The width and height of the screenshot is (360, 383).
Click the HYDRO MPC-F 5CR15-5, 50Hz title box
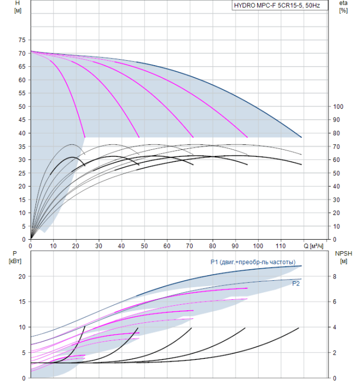pyautogui.click(x=280, y=5)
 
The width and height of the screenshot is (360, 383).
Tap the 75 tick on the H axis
pyautogui.click(x=22, y=40)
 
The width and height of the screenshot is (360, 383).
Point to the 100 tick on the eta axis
pyautogui.click(x=338, y=107)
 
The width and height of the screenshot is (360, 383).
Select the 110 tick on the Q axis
pyautogui.click(x=281, y=246)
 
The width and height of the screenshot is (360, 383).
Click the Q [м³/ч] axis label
pyautogui.click(x=313, y=246)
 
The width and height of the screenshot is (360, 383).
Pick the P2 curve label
pyautogui.click(x=296, y=283)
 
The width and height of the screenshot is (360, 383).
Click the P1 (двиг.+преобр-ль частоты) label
pyautogui.click(x=253, y=262)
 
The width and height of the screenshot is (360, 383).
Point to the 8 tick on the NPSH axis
pyautogui.click(x=335, y=276)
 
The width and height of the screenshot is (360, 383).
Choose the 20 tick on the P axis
pyautogui.click(x=22, y=276)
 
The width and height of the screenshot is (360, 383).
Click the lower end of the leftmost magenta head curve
pyautogui.click(x=85, y=137)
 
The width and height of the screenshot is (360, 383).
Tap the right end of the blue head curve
pyautogui.click(x=301, y=137)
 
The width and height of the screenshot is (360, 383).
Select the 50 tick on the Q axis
pyautogui.click(x=144, y=246)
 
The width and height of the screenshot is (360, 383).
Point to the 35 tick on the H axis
pyautogui.click(x=22, y=147)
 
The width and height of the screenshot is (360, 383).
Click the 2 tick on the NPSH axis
pyautogui.click(x=335, y=353)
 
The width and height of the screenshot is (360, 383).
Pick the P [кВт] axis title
pyautogui.click(x=15, y=257)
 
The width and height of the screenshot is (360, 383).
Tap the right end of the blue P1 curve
pyautogui.click(x=301, y=266)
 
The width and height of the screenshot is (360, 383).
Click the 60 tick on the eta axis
pyautogui.click(x=336, y=160)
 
